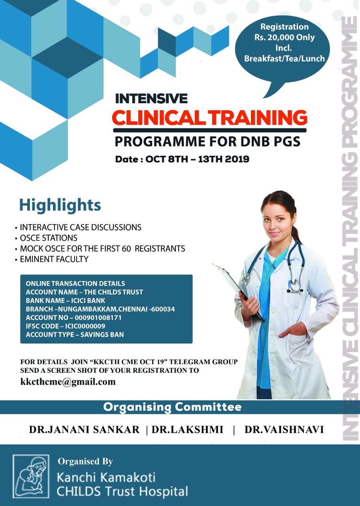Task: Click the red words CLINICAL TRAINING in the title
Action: (209, 118)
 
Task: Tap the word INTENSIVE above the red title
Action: (151, 98)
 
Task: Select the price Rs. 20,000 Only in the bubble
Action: (285, 37)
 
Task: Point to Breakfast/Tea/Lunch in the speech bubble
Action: (285, 59)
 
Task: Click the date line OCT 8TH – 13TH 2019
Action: (197, 159)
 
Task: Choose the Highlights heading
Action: (60, 205)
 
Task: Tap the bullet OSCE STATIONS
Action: (49, 238)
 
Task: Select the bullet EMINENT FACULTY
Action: (54, 259)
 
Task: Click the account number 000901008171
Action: (98, 317)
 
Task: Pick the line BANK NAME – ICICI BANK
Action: (66, 301)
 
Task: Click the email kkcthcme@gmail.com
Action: (68, 381)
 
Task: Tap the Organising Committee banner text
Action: (172, 407)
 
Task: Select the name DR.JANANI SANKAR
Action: (85, 429)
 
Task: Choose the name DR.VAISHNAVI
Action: (284, 429)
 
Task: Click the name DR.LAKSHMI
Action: (187, 429)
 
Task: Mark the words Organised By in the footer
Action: (85, 462)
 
